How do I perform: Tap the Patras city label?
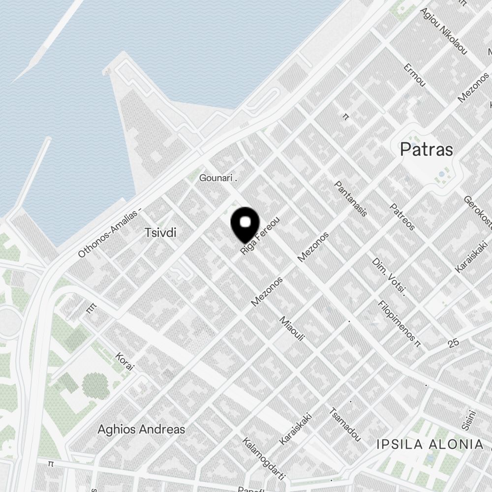pos(426,149)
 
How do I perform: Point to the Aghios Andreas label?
pos(141,429)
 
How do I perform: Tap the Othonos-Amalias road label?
pos(109,233)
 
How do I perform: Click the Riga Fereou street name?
pos(260,236)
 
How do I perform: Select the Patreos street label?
pos(402,217)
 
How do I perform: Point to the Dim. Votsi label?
pos(389,277)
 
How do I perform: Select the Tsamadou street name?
pos(345,424)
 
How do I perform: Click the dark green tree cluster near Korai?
pos(95,385)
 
